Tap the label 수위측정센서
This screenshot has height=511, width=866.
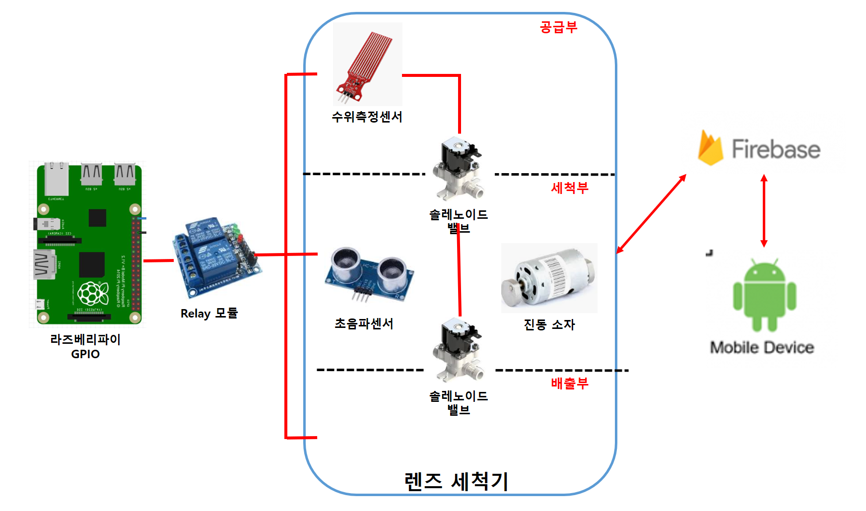(x=367, y=117)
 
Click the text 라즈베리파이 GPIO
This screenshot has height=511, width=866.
(x=85, y=346)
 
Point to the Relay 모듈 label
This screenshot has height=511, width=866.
(x=209, y=314)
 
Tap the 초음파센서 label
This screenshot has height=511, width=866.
(x=364, y=323)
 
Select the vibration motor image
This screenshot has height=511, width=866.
(x=548, y=278)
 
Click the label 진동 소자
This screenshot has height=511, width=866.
(x=549, y=324)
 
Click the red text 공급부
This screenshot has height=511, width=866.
(x=558, y=27)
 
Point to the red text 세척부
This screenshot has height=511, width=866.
(x=569, y=188)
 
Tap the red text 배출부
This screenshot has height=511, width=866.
(x=569, y=383)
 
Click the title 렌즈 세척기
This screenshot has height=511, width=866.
(x=456, y=481)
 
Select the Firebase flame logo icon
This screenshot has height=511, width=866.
(x=710, y=147)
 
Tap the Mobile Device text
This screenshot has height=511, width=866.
(x=762, y=347)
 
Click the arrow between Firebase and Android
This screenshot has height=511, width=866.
(x=764, y=211)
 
